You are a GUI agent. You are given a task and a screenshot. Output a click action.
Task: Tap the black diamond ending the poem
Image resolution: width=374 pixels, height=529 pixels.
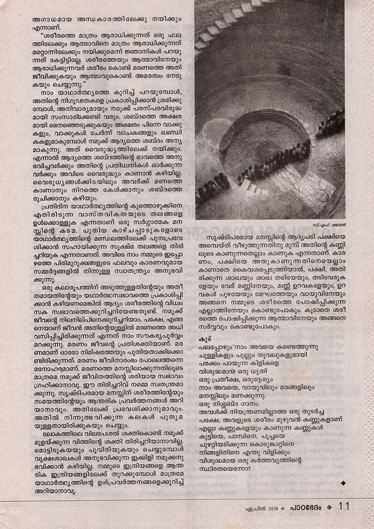343,482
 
